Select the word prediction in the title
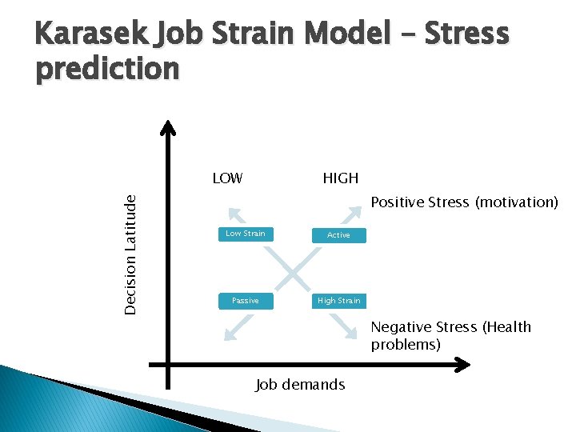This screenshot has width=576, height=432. point(108,70)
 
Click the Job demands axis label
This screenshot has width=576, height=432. point(300,385)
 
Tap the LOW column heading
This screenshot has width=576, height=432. point(227,178)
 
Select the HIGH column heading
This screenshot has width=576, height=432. point(340,178)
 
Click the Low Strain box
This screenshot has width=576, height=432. point(245,234)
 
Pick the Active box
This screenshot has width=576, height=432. point(338,235)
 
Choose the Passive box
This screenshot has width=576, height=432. point(245,301)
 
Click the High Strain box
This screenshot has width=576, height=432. point(338,301)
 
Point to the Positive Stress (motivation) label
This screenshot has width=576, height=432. point(464,202)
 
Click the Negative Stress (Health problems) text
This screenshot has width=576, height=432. point(450,335)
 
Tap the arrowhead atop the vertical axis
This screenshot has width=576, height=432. point(168,127)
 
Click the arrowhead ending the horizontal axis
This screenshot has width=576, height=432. point(463,367)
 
